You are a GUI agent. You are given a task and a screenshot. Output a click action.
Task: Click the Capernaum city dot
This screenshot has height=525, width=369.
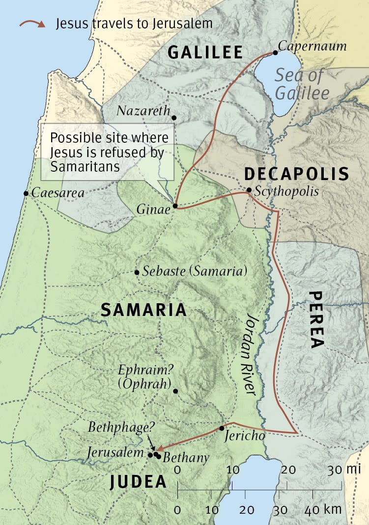tap(275, 53)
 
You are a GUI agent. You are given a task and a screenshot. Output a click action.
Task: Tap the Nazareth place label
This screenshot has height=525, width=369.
tap(143, 111)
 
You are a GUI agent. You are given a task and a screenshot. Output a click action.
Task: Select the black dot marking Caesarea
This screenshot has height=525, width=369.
tap(26, 193)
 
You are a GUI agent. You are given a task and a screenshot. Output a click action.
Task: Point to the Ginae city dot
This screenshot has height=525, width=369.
tap(175, 206)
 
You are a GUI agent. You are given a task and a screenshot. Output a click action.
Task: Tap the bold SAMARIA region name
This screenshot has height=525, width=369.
tap(143, 310)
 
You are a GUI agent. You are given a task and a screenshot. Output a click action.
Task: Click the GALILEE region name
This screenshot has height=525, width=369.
tap(205, 52)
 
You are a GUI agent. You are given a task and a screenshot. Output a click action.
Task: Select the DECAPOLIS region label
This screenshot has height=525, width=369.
tap(296, 174)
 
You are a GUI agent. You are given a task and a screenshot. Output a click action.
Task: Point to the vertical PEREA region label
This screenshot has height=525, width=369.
tap(316, 320)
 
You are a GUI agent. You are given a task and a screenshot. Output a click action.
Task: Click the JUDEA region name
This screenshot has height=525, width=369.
tap(138, 482)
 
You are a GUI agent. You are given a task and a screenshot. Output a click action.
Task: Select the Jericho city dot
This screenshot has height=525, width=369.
tap(222, 428)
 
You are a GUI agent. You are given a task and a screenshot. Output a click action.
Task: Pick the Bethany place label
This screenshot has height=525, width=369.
tap(186, 458)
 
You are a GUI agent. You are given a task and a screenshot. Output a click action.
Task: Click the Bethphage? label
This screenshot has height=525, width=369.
tap(117, 427)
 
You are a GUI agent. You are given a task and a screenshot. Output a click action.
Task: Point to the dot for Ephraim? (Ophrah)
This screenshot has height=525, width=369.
tap(175, 391)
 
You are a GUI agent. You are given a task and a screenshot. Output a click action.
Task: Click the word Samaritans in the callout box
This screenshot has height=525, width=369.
tap(85, 166)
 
